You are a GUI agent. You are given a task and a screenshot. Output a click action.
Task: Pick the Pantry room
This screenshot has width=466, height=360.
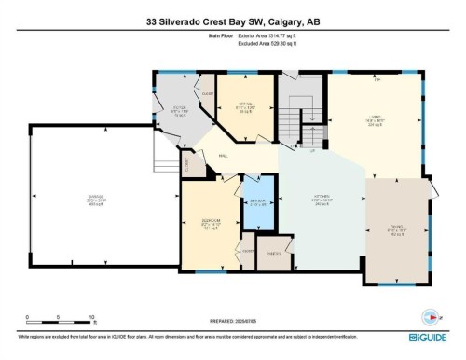point(274,252)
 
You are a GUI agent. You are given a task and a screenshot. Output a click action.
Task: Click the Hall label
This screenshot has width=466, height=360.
point(225,158)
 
